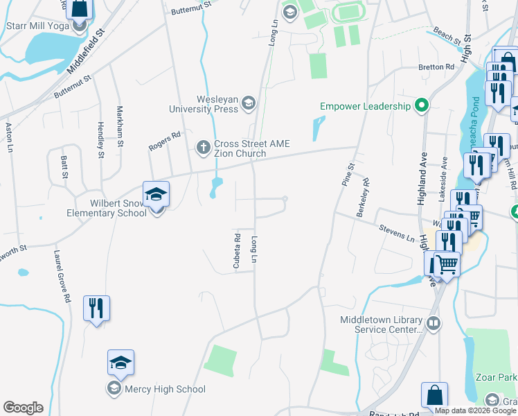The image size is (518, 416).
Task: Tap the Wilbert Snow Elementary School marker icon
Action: [156, 195]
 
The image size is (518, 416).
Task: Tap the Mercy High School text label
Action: [165, 389]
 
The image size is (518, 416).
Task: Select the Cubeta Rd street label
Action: [237, 251]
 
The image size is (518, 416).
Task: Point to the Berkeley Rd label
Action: [364, 198]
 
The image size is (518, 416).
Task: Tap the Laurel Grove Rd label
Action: [57, 277]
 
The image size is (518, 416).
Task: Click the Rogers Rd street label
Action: [165, 141]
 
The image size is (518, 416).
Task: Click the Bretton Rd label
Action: [436, 67]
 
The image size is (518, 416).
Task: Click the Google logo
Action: [23, 408]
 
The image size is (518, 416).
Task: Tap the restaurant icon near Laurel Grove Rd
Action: [96, 308]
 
